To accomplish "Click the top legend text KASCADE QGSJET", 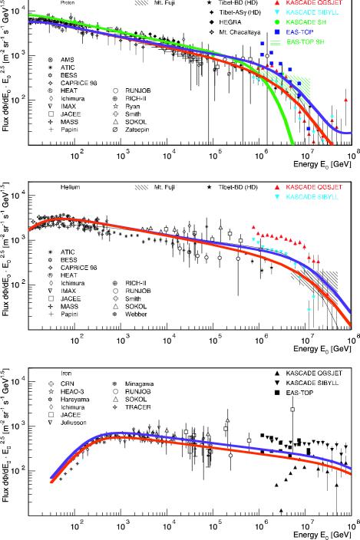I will coord(314,2).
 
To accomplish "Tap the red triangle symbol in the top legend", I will coord(277,3).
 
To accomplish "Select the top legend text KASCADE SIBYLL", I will coord(312,12).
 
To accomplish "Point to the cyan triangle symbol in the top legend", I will coord(277,13).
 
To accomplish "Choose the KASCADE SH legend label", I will coord(306,22).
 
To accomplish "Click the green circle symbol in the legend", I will coord(277,22).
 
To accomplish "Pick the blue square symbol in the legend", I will coord(277,32).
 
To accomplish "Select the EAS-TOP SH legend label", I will coord(306,42).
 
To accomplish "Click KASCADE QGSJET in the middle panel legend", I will coord(314,187).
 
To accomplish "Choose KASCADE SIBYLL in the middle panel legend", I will coord(312,197).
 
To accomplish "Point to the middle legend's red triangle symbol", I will coord(277,187).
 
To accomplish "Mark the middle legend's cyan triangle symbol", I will coord(277,197).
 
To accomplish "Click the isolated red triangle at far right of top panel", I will coord(345,100).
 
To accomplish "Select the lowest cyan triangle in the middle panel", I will coord(309,310).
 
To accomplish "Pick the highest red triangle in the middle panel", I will coord(253,226).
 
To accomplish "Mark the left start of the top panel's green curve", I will coord(30,15).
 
